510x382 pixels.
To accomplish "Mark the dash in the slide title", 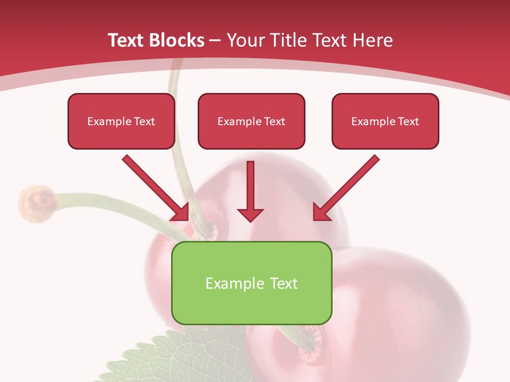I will pos(215,40).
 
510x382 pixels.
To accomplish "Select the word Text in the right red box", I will pos(408,121).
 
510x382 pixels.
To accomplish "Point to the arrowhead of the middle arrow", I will pos(250,214).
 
